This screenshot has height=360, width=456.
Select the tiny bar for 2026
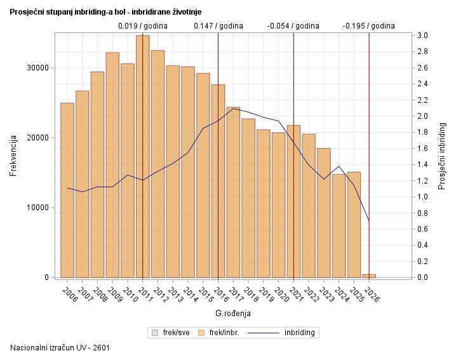(369, 276)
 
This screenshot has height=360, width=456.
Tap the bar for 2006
(67, 190)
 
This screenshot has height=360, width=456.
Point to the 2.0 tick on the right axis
(422, 116)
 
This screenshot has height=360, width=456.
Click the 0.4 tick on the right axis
(422, 245)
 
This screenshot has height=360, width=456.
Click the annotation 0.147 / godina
(218, 26)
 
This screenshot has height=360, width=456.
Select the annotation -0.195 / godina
(368, 26)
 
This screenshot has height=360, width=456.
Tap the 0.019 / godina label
(143, 26)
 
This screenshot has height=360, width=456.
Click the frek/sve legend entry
(171, 332)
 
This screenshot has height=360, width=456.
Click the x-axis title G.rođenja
(233, 314)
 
